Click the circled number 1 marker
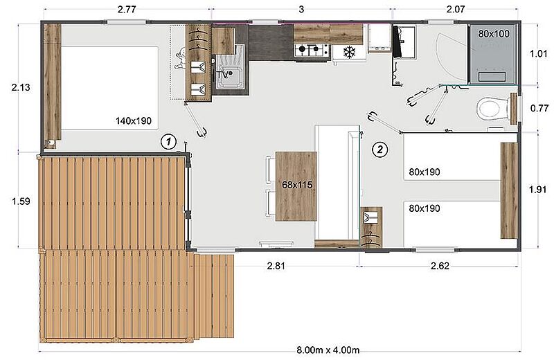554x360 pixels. click(168, 142)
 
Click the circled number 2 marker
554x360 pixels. click(379, 150)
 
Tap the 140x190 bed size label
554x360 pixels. click(134, 121)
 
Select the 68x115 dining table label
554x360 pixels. click(297, 184)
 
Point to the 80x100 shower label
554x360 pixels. click(494, 34)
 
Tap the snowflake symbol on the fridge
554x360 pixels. click(350, 53)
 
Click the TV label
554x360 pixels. click(222, 75)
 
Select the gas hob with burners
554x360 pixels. click(309, 50)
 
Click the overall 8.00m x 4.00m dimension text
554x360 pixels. click(328, 350)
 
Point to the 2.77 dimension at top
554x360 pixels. click(127, 9)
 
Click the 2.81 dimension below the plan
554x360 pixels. click(276, 266)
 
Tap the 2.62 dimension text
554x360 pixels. click(440, 266)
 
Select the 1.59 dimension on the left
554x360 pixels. click(21, 201)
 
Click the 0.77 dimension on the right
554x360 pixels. click(539, 108)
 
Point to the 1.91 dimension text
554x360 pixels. click(537, 190)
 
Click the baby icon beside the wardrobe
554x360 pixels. click(180, 57)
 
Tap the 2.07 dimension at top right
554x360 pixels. click(456, 9)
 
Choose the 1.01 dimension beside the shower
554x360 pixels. click(538, 54)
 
